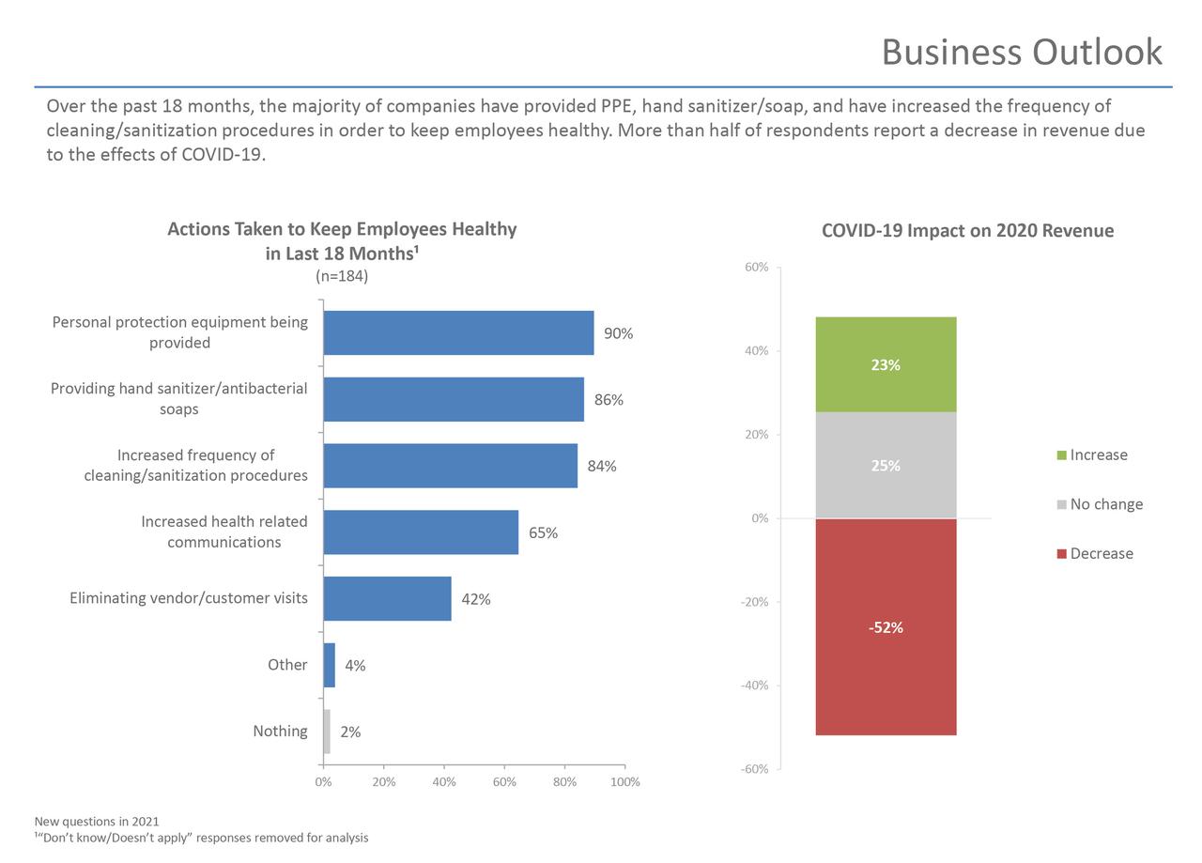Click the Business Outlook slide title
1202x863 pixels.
(x=1022, y=52)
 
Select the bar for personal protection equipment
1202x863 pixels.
(x=458, y=332)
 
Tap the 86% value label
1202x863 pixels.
(x=609, y=400)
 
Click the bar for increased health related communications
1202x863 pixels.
(x=421, y=532)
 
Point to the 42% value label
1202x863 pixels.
(x=475, y=599)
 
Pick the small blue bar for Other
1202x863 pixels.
(x=330, y=665)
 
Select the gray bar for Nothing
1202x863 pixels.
(x=327, y=732)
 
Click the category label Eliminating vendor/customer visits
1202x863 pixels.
(x=189, y=598)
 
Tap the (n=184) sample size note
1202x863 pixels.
(x=342, y=276)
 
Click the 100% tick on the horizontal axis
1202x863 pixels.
(x=624, y=782)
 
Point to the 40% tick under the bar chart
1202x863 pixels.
(x=444, y=782)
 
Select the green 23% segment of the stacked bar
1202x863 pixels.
(x=886, y=364)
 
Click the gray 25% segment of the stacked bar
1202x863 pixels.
(x=886, y=465)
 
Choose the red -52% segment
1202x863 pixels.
(x=886, y=626)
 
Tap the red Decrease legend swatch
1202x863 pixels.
(x=1062, y=554)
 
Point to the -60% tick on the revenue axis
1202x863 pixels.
(x=754, y=769)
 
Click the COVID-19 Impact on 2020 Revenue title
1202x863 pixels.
(x=967, y=231)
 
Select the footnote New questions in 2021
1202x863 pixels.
(x=97, y=822)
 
